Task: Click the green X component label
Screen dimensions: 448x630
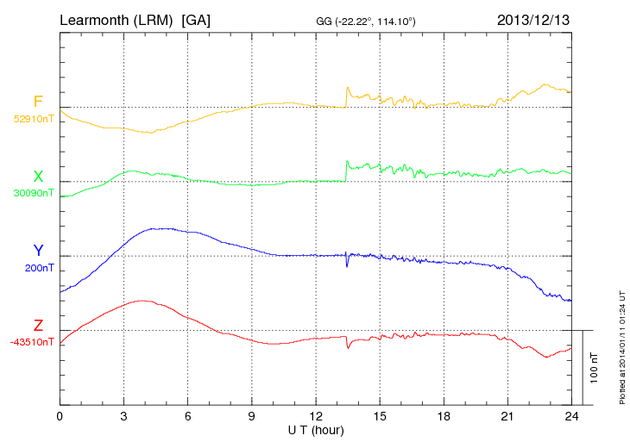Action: [x=38, y=177]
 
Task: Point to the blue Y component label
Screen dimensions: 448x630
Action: [x=38, y=251]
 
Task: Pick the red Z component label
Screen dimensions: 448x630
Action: [x=38, y=325]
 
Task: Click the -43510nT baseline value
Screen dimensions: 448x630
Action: [x=32, y=342]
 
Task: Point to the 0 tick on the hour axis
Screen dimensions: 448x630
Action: [x=60, y=417]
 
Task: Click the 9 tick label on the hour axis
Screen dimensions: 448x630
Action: [x=252, y=417]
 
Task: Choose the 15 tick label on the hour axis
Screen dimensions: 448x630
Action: [x=380, y=417]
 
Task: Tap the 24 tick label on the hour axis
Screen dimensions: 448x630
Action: [x=571, y=417]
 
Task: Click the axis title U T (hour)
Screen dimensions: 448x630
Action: [x=316, y=429]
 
